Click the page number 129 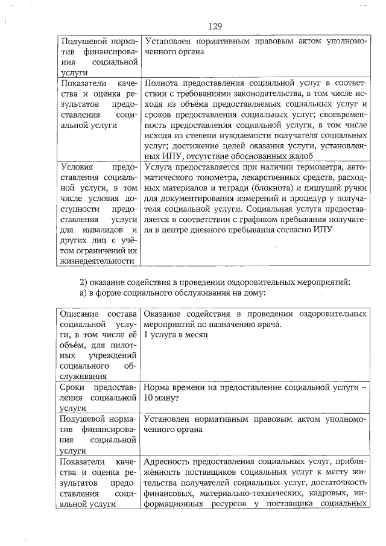215,26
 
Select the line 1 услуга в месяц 176,335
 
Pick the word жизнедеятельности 96,261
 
